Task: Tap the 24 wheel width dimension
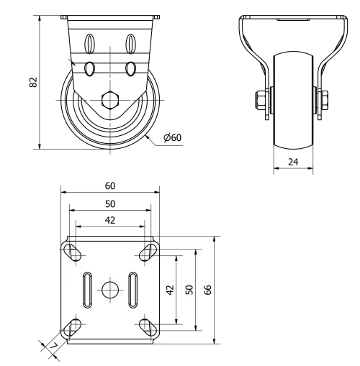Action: pyautogui.click(x=294, y=163)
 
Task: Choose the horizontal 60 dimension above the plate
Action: pyautogui.click(x=109, y=186)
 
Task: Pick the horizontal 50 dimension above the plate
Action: pyautogui.click(x=109, y=203)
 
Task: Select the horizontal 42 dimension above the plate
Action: pyautogui.click(x=109, y=220)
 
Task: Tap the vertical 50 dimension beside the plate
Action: pyautogui.click(x=189, y=289)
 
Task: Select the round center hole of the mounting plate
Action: pyautogui.click(x=109, y=289)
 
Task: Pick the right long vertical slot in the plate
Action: pyautogui.click(x=133, y=289)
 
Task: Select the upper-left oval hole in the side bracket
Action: pyautogui.click(x=91, y=42)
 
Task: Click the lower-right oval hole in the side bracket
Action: pyautogui.click(x=131, y=68)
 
